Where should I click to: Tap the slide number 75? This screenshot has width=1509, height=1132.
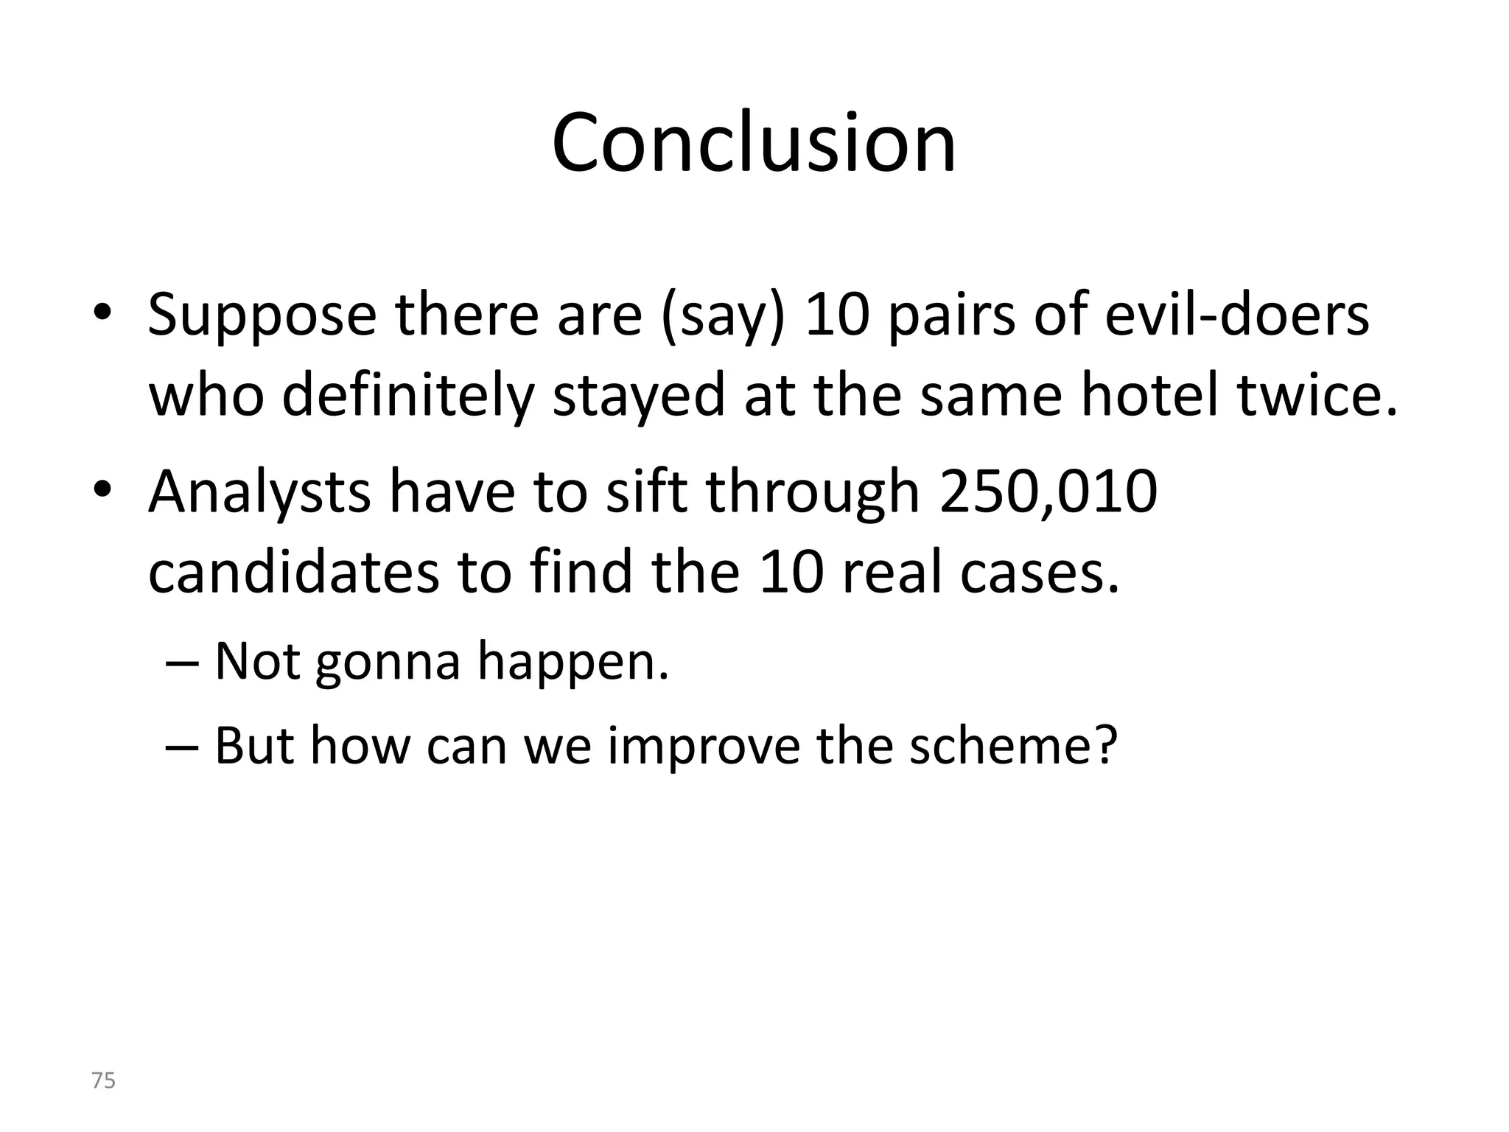tap(103, 1080)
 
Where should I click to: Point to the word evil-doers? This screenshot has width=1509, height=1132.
tap(1237, 315)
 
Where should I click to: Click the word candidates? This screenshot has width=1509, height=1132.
tap(293, 573)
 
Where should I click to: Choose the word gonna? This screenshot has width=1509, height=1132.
tap(388, 662)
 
